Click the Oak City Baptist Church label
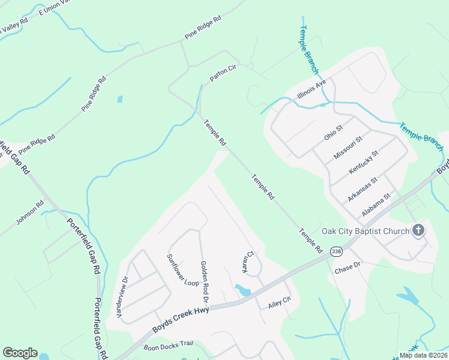click(365, 231)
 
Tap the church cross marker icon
click(418, 230)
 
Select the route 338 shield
click(337, 252)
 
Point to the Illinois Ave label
click(312, 89)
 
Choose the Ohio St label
click(333, 133)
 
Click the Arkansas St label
click(362, 189)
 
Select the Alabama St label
click(376, 205)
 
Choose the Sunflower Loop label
click(182, 270)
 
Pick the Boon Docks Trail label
click(169, 344)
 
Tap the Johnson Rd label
click(31, 212)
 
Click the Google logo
click(20, 352)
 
